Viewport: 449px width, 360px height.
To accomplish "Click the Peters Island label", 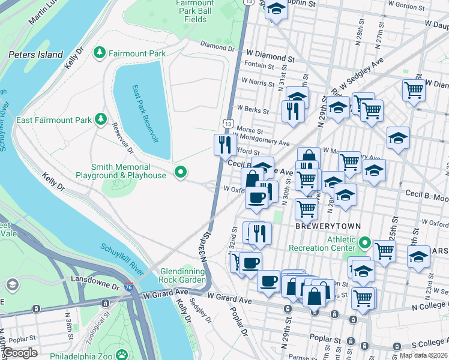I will pyautogui.click(x=35, y=55).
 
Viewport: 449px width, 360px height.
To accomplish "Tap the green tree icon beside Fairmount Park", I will pyautogui.click(x=100, y=53).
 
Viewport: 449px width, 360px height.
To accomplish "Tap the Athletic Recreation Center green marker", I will pyautogui.click(x=365, y=243).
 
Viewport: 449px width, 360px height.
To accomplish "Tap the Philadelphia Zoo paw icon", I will pyautogui.click(x=122, y=355).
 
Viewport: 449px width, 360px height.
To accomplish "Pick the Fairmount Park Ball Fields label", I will pyautogui.click(x=196, y=11).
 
